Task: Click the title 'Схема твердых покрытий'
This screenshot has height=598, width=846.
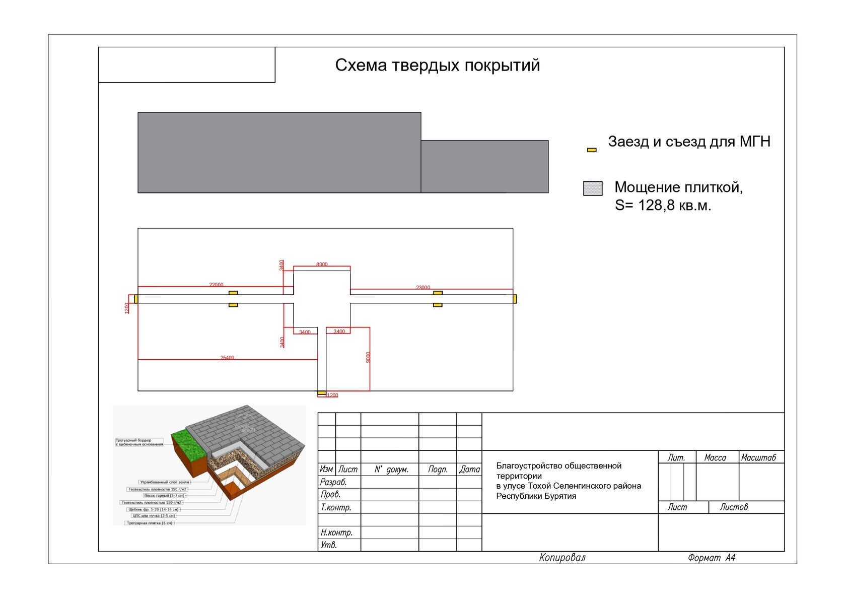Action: (x=437, y=65)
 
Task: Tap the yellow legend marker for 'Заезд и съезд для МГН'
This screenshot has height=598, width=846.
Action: (x=592, y=150)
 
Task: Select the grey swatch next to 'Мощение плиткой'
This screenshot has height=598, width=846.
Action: (x=593, y=188)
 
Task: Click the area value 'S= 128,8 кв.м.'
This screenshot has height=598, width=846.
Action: (x=663, y=206)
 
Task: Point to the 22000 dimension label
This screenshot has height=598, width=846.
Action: (x=216, y=285)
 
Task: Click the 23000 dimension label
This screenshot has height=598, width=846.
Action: (x=423, y=287)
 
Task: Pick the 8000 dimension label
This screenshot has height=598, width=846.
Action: (x=322, y=264)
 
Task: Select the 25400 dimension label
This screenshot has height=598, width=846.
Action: (x=227, y=358)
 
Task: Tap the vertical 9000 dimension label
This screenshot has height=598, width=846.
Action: (x=368, y=357)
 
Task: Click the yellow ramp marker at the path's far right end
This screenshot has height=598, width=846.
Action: (x=515, y=299)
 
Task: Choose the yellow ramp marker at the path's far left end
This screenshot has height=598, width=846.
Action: (x=136, y=299)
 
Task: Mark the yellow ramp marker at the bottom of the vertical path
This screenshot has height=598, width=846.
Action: (x=321, y=392)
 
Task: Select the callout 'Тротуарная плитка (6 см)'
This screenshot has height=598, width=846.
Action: (x=150, y=523)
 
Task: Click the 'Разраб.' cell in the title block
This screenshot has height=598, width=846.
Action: (x=333, y=482)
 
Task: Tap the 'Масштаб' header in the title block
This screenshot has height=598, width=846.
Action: (x=758, y=457)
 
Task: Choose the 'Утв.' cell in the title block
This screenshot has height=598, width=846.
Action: (x=329, y=545)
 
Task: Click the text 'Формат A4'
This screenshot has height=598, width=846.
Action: (x=712, y=558)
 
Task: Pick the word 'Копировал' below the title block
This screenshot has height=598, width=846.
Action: (x=562, y=558)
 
